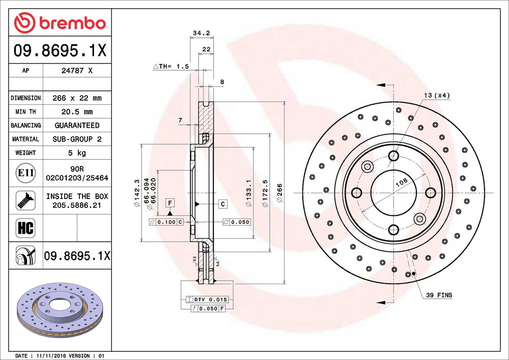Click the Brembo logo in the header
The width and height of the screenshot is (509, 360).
point(60,23)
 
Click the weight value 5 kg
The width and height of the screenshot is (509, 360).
point(77,153)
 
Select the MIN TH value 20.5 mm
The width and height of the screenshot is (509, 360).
point(77,112)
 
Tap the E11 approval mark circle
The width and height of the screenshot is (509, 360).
point(25,173)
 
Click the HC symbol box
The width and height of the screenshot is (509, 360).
point(25,228)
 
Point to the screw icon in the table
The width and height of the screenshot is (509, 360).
point(25,200)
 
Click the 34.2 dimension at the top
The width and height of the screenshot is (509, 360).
point(201,33)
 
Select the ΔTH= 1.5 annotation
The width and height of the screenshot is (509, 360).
point(171,66)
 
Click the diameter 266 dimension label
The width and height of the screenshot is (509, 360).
point(279,193)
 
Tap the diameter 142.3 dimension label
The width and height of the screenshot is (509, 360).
point(136,193)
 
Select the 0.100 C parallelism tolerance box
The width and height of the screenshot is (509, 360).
point(166,222)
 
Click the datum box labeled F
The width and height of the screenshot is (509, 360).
point(170,203)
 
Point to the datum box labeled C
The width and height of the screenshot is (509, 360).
point(223,204)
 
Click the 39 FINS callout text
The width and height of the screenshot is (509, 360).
point(439,295)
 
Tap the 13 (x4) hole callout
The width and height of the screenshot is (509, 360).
point(437,95)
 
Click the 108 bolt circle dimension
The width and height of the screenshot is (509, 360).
point(402,182)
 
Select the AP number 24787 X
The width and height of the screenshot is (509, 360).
point(77,70)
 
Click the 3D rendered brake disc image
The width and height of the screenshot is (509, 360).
point(60,310)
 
